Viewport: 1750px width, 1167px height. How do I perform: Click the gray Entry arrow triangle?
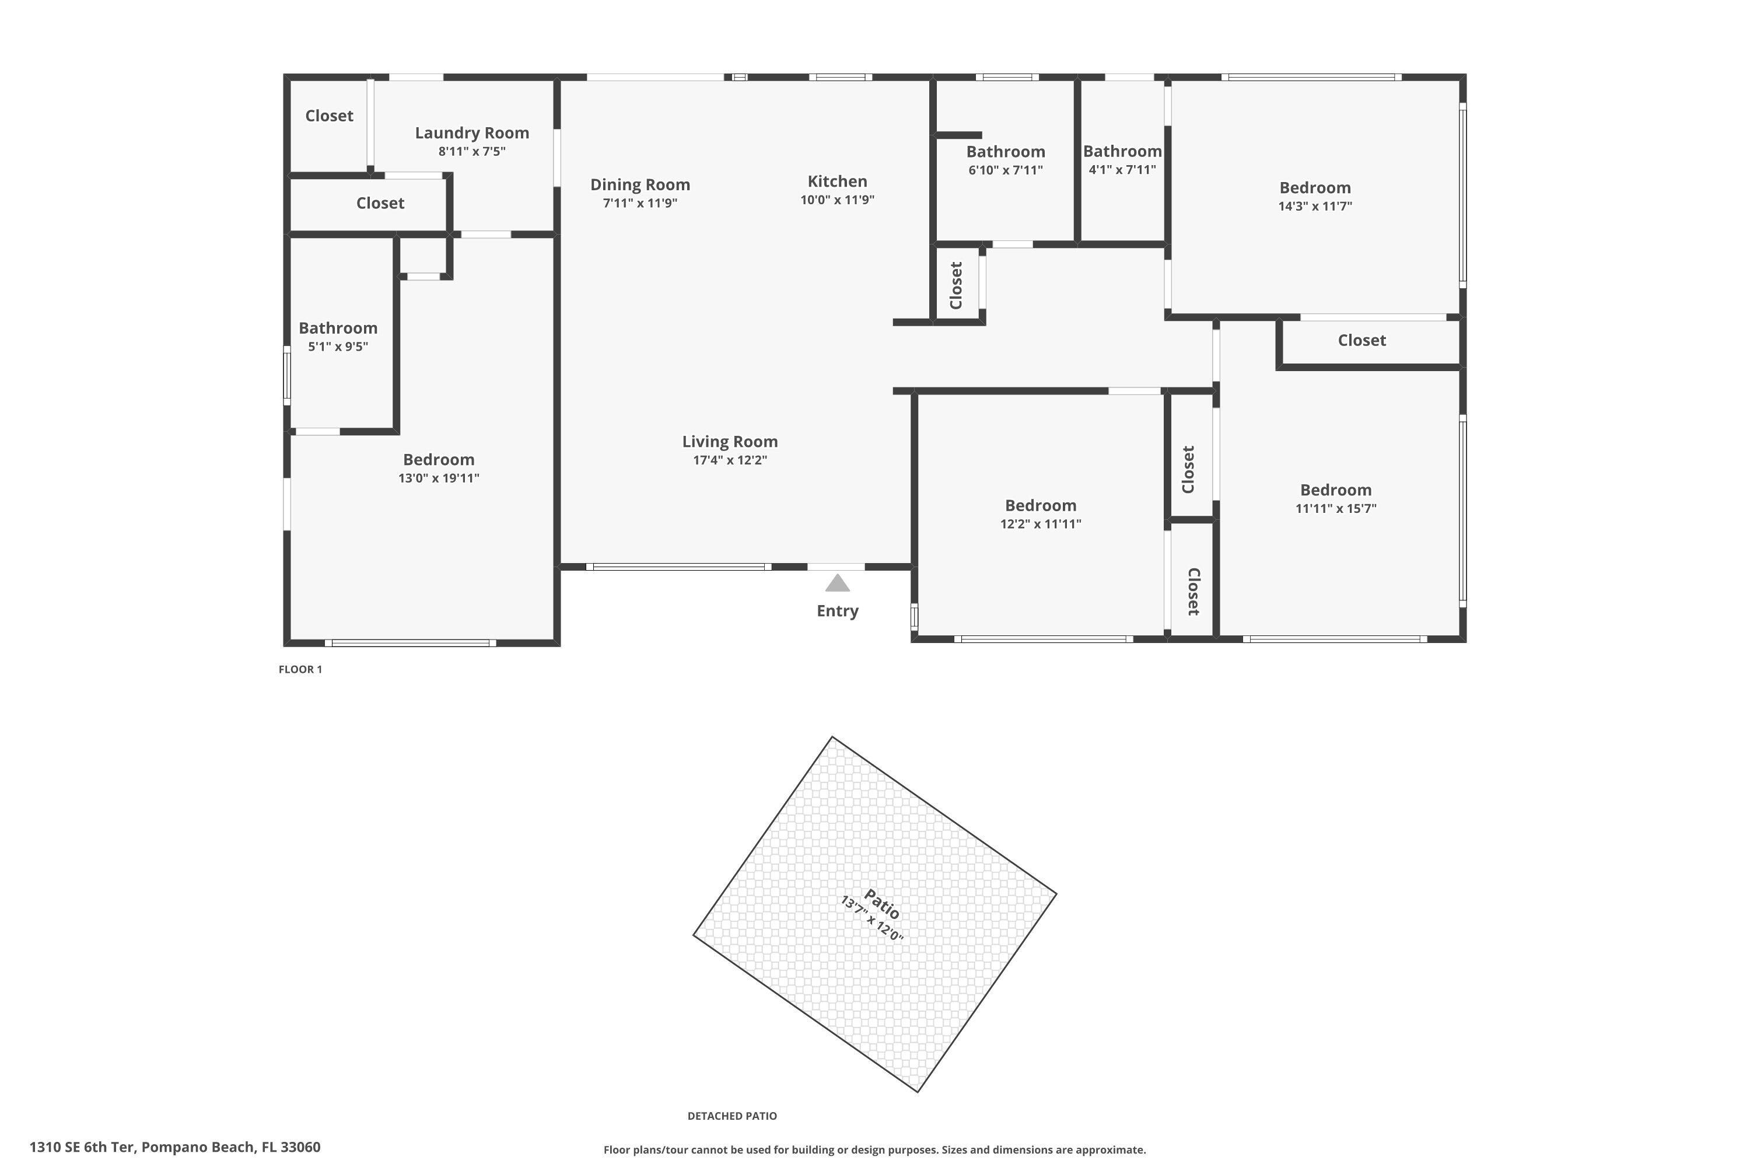837,583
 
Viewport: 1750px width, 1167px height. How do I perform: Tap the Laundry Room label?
472,133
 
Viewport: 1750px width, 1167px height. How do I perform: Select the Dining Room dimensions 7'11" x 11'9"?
640,203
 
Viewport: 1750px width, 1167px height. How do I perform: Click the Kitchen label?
837,181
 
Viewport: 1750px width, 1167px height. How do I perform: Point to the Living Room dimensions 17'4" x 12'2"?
729,460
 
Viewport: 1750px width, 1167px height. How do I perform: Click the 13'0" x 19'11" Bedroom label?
438,460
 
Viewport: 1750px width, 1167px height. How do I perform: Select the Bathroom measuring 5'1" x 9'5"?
338,328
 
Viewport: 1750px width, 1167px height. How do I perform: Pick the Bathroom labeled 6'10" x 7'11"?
1005,152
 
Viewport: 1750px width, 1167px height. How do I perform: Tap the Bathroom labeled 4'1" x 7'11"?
1122,152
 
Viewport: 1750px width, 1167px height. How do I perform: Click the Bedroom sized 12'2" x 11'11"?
1040,506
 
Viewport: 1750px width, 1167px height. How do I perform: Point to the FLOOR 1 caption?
300,669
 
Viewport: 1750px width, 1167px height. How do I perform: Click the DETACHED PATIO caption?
731,1116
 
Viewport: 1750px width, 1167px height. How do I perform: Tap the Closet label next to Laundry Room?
329,116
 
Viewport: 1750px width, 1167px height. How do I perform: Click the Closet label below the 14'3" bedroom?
1361,341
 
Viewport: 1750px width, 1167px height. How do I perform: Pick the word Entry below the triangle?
837,611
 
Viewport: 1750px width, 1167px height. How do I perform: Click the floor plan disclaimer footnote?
874,1150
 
